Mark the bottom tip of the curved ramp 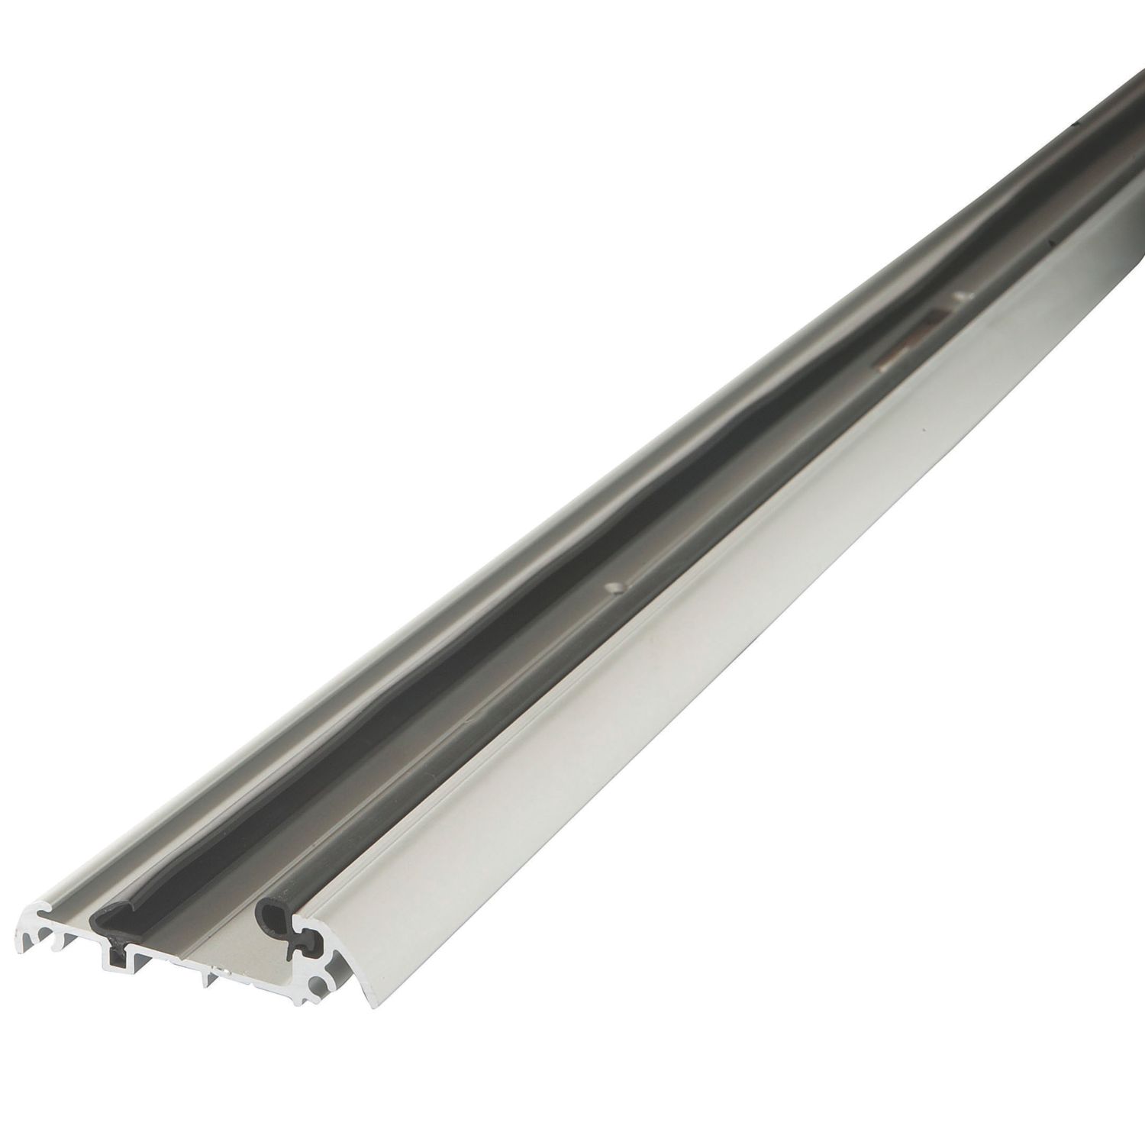pyautogui.click(x=369, y=1006)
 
